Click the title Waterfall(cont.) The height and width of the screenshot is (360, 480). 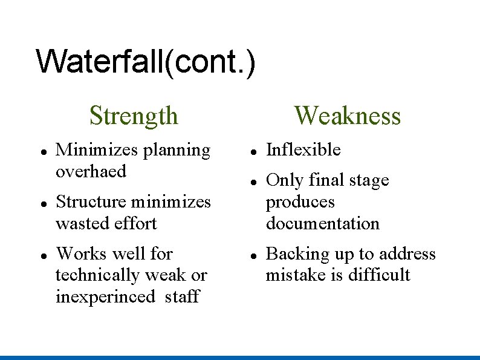point(146,62)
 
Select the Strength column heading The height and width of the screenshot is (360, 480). point(134,115)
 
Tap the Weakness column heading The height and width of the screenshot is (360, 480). point(347,115)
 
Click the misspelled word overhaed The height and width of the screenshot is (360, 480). point(91,172)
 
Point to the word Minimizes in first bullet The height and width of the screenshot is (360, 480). point(97,150)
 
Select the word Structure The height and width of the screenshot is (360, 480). point(91,201)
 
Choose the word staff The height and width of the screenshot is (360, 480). point(182,297)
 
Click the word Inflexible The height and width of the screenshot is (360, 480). point(303,150)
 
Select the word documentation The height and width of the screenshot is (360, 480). point(323,223)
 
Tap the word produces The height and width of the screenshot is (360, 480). point(300,202)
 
